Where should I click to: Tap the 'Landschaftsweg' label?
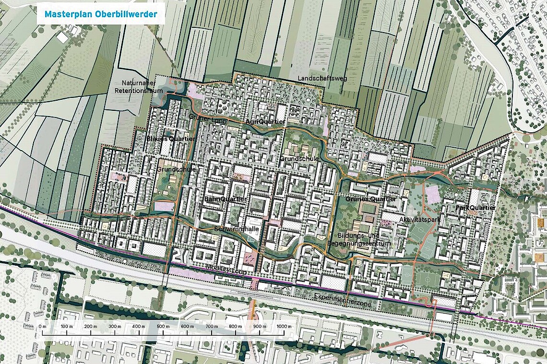click(x=319, y=78)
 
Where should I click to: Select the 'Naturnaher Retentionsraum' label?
click(x=139, y=87)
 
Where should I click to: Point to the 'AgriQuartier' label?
click(x=265, y=122)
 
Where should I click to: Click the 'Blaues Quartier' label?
click(x=171, y=139)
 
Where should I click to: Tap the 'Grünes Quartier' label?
click(x=371, y=199)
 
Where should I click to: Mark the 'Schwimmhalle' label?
click(x=237, y=229)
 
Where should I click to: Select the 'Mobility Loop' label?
click(x=225, y=271)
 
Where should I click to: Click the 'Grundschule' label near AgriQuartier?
click(x=299, y=158)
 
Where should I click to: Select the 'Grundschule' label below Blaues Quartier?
click(x=176, y=169)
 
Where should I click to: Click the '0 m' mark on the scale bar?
click(x=42, y=327)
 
